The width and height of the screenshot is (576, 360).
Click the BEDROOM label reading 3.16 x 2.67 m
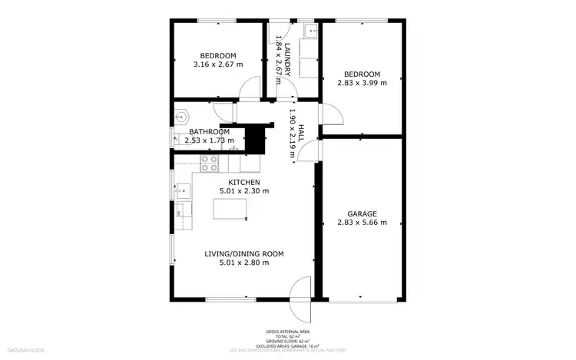pyautogui.click(x=218, y=55)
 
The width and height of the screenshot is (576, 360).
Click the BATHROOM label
pyautogui.click(x=210, y=131)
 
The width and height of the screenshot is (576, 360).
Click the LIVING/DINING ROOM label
pyautogui.click(x=243, y=253)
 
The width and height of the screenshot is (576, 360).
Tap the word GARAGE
pyautogui.click(x=362, y=213)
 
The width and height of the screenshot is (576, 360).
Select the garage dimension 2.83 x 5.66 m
pyautogui.click(x=362, y=223)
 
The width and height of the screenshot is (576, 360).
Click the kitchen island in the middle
pyautogui.click(x=230, y=209)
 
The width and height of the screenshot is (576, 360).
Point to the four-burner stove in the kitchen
pyautogui.click(x=210, y=163)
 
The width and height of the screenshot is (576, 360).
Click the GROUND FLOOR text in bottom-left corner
pyautogui.click(x=26, y=350)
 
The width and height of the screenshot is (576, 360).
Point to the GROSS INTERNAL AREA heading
pyautogui.click(x=287, y=332)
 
